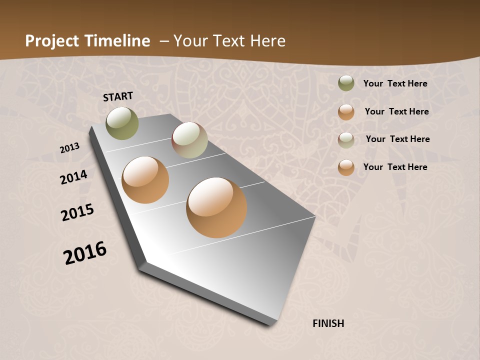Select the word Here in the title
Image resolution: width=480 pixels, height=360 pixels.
tap(267, 41)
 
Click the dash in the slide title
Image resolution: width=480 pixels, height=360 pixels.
tap(164, 41)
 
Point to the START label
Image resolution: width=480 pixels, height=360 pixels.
tap(118, 96)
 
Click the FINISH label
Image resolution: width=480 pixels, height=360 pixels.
tap(328, 323)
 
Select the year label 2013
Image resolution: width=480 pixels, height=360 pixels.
tap(70, 148)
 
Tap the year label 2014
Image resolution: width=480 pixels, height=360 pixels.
tap(74, 177)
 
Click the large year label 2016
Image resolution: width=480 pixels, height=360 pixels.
tap(85, 253)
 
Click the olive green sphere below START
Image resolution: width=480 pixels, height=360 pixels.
tap(122, 123)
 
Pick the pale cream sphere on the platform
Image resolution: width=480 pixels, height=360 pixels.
tap(189, 140)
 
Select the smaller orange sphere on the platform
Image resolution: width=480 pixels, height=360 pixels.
tap(145, 180)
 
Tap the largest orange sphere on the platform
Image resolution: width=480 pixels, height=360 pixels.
tap(216, 207)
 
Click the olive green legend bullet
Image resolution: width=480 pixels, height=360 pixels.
tap(346, 83)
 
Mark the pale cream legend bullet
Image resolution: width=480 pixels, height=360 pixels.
tap(346, 140)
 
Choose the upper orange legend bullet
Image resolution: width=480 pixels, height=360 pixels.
tap(346, 112)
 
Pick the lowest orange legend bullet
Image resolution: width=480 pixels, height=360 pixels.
tap(346, 167)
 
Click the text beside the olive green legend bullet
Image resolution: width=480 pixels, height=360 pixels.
tap(395, 84)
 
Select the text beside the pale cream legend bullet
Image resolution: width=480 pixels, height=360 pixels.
tap(398, 139)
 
